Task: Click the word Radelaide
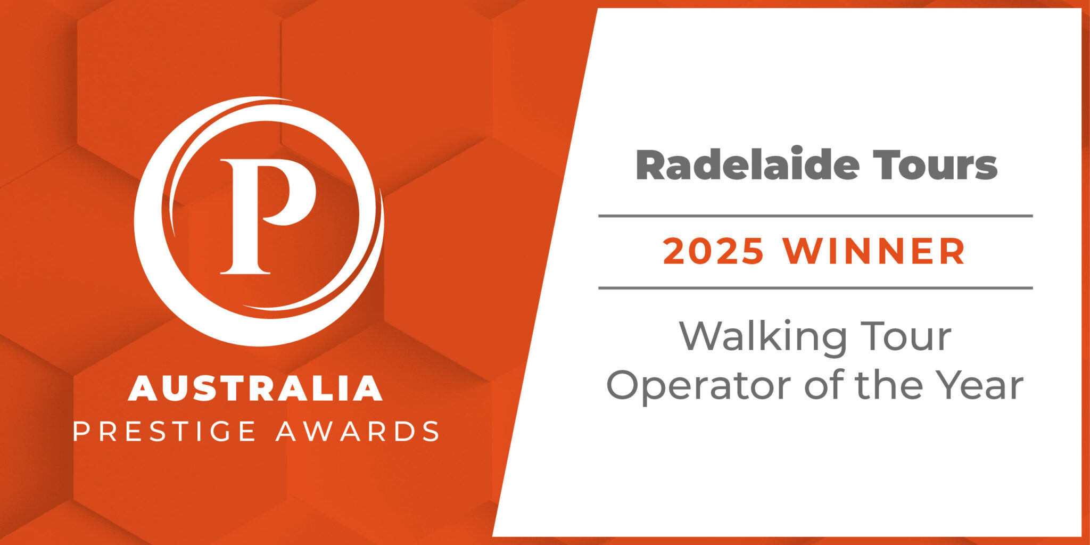[747, 164]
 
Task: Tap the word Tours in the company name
[935, 166]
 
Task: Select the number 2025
[713, 252]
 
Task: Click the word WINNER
[874, 252]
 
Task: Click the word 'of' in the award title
[823, 385]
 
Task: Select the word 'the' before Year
[889, 385]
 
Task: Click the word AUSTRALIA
[255, 389]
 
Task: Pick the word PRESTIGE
[164, 431]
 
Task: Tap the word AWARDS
[358, 431]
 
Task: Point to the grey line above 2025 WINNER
[815, 216]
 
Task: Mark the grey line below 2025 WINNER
[815, 288]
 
